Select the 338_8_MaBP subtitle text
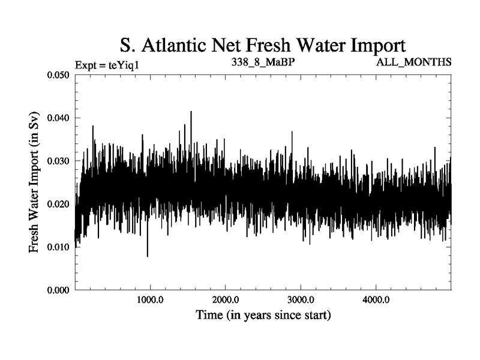[262, 62]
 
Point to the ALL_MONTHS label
[413, 62]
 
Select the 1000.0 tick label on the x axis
[150, 300]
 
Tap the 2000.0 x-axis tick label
[225, 300]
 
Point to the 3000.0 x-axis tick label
[300, 300]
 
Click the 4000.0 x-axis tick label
[375, 300]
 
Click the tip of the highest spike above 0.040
[191, 112]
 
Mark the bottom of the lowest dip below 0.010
[148, 256]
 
